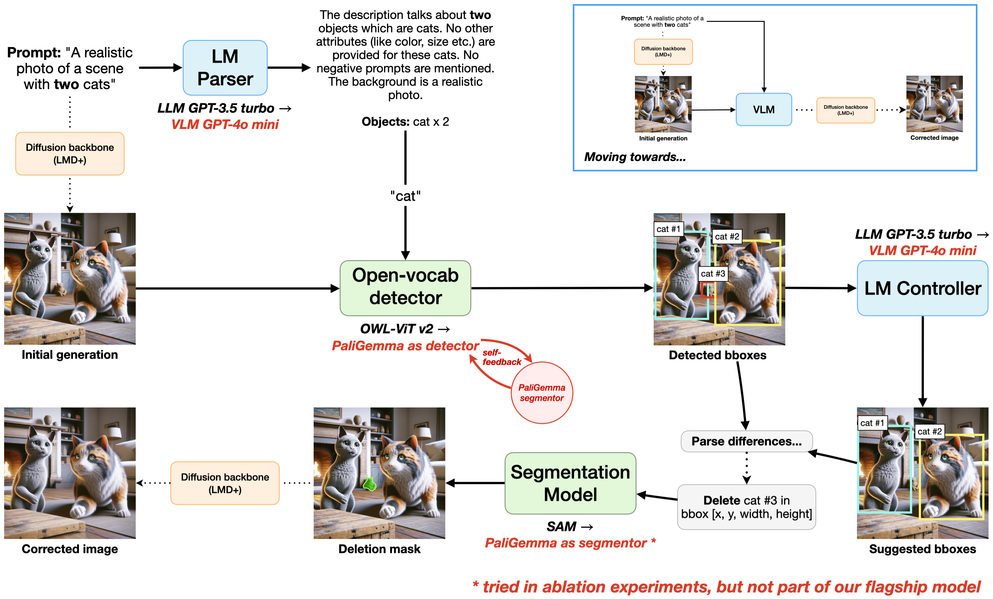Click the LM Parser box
(x=225, y=68)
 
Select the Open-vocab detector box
(x=405, y=288)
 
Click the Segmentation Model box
(x=570, y=483)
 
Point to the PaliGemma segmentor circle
(x=541, y=393)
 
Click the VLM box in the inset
(x=763, y=110)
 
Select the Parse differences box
(x=746, y=441)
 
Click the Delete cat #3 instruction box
(x=746, y=507)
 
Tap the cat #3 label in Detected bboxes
(x=713, y=274)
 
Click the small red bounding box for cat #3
(x=706, y=290)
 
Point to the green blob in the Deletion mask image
(x=369, y=484)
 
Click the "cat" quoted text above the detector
(x=405, y=196)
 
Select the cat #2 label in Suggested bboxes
(x=929, y=431)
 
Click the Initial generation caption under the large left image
(x=70, y=354)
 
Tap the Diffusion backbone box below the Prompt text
(x=70, y=153)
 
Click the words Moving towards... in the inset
(x=635, y=157)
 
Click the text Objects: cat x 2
(x=405, y=122)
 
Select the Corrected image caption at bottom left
(x=70, y=549)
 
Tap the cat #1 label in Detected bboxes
(x=668, y=229)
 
